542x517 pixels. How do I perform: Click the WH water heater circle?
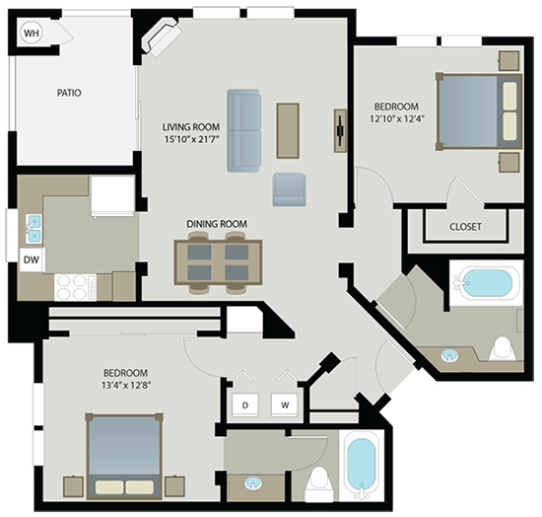tap(32, 34)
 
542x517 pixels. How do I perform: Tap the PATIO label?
tap(69, 93)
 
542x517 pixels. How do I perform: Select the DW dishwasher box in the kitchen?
tap(32, 259)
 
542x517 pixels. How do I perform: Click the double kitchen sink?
tap(34, 227)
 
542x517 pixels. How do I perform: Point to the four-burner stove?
tap(75, 287)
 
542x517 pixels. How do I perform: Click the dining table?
tap(218, 262)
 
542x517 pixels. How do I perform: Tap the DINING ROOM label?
tap(217, 224)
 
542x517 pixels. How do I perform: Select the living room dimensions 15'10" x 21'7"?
tap(192, 139)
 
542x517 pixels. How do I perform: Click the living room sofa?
tap(243, 130)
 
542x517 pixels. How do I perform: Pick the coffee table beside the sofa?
tap(288, 131)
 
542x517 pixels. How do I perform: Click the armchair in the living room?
tap(289, 189)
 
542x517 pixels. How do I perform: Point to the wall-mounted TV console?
tap(340, 131)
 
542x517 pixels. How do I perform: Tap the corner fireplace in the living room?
tap(162, 37)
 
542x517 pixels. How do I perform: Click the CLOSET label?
tap(465, 227)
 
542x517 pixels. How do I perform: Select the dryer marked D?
tap(245, 405)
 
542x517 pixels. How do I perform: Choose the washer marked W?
tap(285, 405)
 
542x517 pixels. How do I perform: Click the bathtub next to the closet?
tap(487, 283)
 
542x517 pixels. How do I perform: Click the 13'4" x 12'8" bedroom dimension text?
tap(126, 385)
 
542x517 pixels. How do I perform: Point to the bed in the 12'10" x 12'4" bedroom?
tap(479, 111)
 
